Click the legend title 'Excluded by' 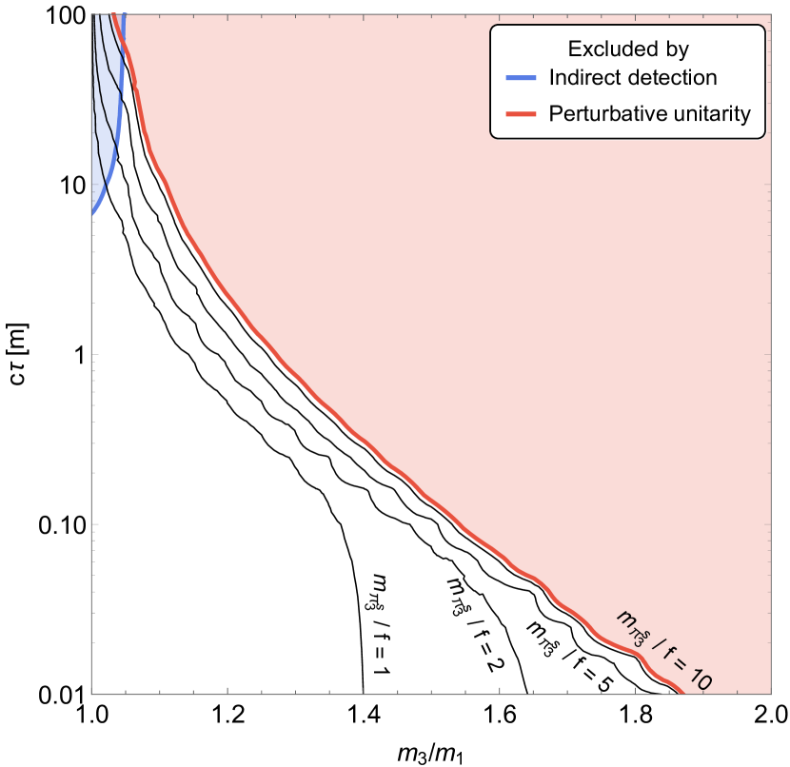pos(627,49)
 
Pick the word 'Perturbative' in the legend pos(606,115)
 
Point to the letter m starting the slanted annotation pos(625,619)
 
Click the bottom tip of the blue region pos(91,218)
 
